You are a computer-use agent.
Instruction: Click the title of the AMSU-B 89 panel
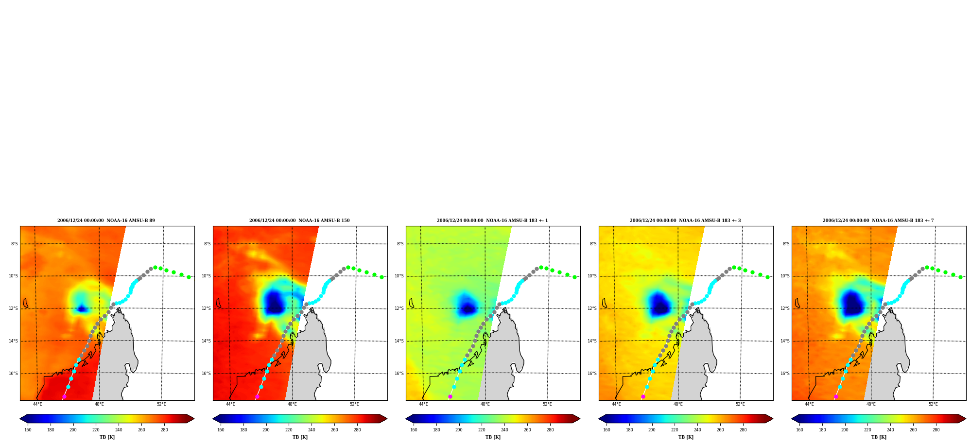[x=106, y=221]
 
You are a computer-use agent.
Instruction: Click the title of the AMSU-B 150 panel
[x=299, y=221]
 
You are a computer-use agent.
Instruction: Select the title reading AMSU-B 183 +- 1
[x=492, y=221]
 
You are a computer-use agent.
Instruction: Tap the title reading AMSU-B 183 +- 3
[x=685, y=221]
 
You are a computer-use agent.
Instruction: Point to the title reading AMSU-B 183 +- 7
[x=878, y=221]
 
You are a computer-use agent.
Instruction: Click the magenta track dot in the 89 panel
[x=64, y=397]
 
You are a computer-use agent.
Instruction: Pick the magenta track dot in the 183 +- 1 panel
[x=450, y=397]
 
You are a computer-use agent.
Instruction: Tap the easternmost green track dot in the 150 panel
[x=381, y=277]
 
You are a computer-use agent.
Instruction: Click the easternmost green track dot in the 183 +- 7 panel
[x=960, y=277]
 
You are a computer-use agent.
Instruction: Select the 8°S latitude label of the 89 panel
[x=14, y=244]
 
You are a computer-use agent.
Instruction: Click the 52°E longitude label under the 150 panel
[x=354, y=404]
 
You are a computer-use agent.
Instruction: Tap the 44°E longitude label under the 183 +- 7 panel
[x=809, y=404]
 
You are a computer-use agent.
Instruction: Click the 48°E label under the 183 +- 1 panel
[x=485, y=404]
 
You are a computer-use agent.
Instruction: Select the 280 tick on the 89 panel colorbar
[x=164, y=429]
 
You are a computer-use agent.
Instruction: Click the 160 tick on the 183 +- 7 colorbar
[x=799, y=429]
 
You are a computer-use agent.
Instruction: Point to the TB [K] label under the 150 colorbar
[x=300, y=437]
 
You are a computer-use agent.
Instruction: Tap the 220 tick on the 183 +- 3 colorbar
[x=675, y=429]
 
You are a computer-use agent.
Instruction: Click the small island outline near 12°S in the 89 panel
[x=25, y=303]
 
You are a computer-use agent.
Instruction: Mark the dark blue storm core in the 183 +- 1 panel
[x=468, y=307]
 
